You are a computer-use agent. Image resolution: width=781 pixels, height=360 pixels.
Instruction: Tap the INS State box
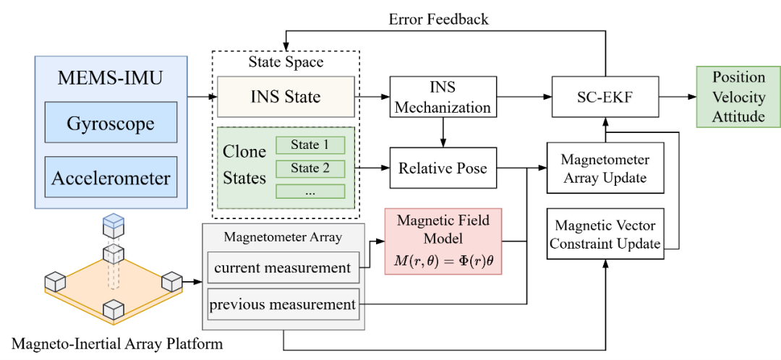coord(286,98)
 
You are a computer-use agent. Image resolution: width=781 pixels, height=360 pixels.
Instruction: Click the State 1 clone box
coord(310,145)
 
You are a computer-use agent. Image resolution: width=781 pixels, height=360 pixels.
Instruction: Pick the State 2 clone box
coord(310,168)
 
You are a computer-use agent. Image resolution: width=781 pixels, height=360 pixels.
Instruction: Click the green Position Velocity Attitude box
coord(738,97)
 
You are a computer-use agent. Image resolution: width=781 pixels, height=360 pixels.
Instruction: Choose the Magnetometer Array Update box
coord(605,168)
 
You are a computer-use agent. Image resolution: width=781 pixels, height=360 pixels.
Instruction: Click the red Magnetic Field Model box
coord(443,241)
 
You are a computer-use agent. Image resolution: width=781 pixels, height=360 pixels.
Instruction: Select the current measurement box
coord(283,267)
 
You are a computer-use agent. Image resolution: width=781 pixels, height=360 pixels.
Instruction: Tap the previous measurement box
coord(283,304)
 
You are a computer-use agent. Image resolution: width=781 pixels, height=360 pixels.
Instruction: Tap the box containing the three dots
coord(310,192)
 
